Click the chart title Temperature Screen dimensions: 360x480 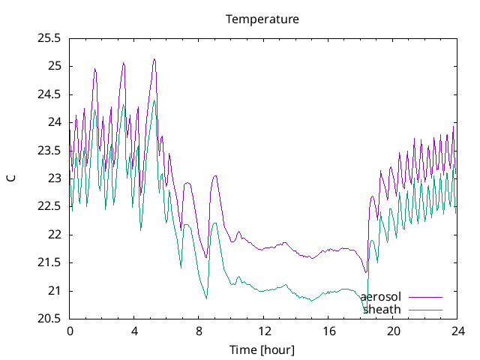[262, 19]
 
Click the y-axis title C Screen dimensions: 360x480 [10, 178]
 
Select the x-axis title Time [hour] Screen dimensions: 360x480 [262, 350]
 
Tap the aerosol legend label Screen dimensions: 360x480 [381, 297]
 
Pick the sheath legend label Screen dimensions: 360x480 [382, 309]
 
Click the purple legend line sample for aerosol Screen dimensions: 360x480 [425, 298]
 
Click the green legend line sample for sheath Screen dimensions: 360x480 [425, 310]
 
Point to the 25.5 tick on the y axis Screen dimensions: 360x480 [49, 37]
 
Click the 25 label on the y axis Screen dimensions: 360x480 [54, 66]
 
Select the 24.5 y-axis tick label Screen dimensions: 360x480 [49, 94]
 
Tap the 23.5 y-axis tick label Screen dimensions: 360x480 [49, 150]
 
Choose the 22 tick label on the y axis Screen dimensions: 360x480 [54, 235]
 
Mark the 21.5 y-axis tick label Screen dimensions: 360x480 [49, 262]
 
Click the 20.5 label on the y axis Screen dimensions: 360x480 [49, 319]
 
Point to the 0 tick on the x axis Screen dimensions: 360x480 [70, 331]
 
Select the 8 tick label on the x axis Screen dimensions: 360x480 [199, 331]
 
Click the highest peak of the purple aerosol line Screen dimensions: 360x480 [154, 58]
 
